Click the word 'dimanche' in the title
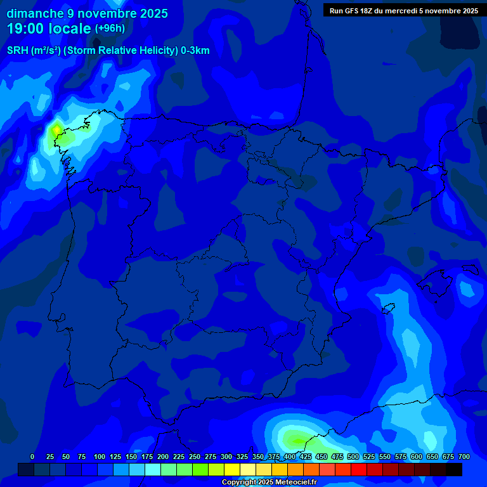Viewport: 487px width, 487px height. click(35, 13)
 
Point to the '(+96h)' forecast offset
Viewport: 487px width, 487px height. click(110, 29)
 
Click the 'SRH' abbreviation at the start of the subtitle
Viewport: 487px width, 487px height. click(17, 51)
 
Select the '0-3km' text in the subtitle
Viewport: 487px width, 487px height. click(194, 51)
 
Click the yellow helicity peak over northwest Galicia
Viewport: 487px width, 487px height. click(56, 129)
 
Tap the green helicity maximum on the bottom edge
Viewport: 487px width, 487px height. click(295, 438)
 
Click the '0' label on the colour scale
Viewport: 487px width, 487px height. click(32, 457)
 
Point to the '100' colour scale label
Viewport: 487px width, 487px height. click(100, 457)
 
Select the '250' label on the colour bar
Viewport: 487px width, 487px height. click(195, 457)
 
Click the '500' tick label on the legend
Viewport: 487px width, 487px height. click(353, 457)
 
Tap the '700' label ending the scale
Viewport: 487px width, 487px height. click(464, 457)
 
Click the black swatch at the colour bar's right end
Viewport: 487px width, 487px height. click(454, 469)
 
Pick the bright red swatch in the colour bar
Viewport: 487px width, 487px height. click(359, 469)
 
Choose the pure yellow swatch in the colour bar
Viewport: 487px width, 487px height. click(232, 469)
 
